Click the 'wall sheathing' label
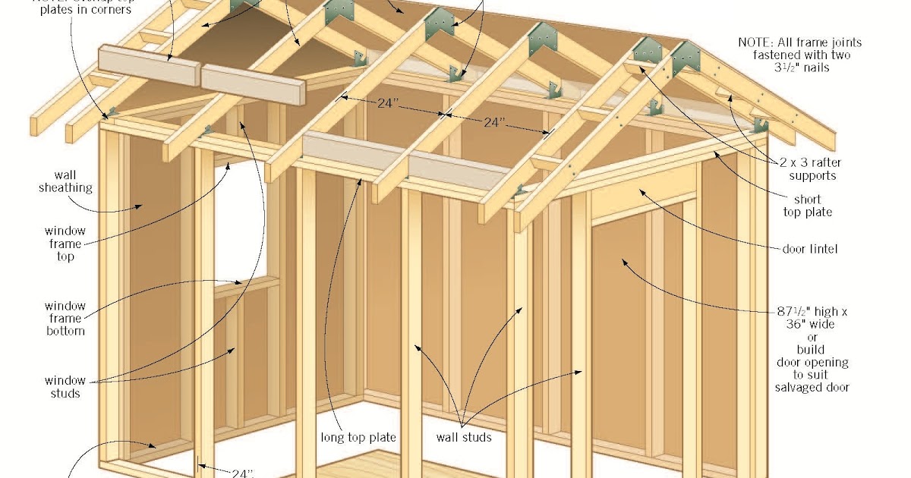[65, 181]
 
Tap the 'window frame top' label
[65, 244]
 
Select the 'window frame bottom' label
[65, 318]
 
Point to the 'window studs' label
[65, 387]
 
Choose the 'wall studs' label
[463, 437]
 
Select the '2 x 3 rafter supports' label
[811, 169]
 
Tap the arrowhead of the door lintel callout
[639, 191]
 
